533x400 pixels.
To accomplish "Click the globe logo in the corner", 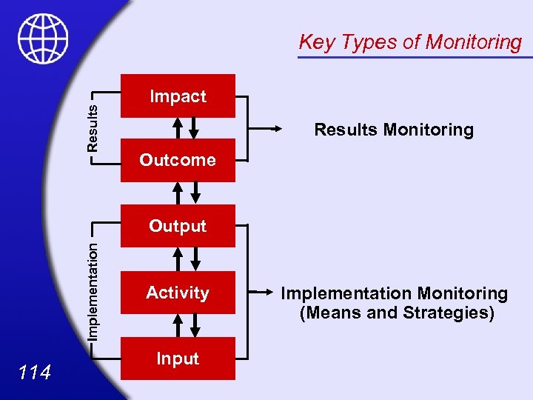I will (x=43, y=39).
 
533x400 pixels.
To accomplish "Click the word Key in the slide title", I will (x=316, y=43).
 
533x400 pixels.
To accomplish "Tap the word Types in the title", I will (x=367, y=43).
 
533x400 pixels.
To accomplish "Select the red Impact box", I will (x=178, y=96).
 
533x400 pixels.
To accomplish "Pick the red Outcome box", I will (x=178, y=160).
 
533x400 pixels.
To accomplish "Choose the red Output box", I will (x=178, y=226).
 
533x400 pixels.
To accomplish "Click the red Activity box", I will (x=178, y=293).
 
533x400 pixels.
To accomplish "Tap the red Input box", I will (x=178, y=359).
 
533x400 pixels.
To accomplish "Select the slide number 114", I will (x=35, y=372).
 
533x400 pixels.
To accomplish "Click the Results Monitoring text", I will (x=394, y=130).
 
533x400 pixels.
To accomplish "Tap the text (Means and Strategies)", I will (x=397, y=313).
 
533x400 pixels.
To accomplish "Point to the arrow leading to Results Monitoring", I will (x=266, y=129).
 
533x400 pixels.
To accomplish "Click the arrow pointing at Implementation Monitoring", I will (x=266, y=293).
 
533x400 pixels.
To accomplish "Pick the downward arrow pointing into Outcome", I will (x=195, y=128).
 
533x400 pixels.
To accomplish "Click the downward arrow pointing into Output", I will (x=195, y=193).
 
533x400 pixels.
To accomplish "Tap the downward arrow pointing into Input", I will (x=195, y=324).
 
